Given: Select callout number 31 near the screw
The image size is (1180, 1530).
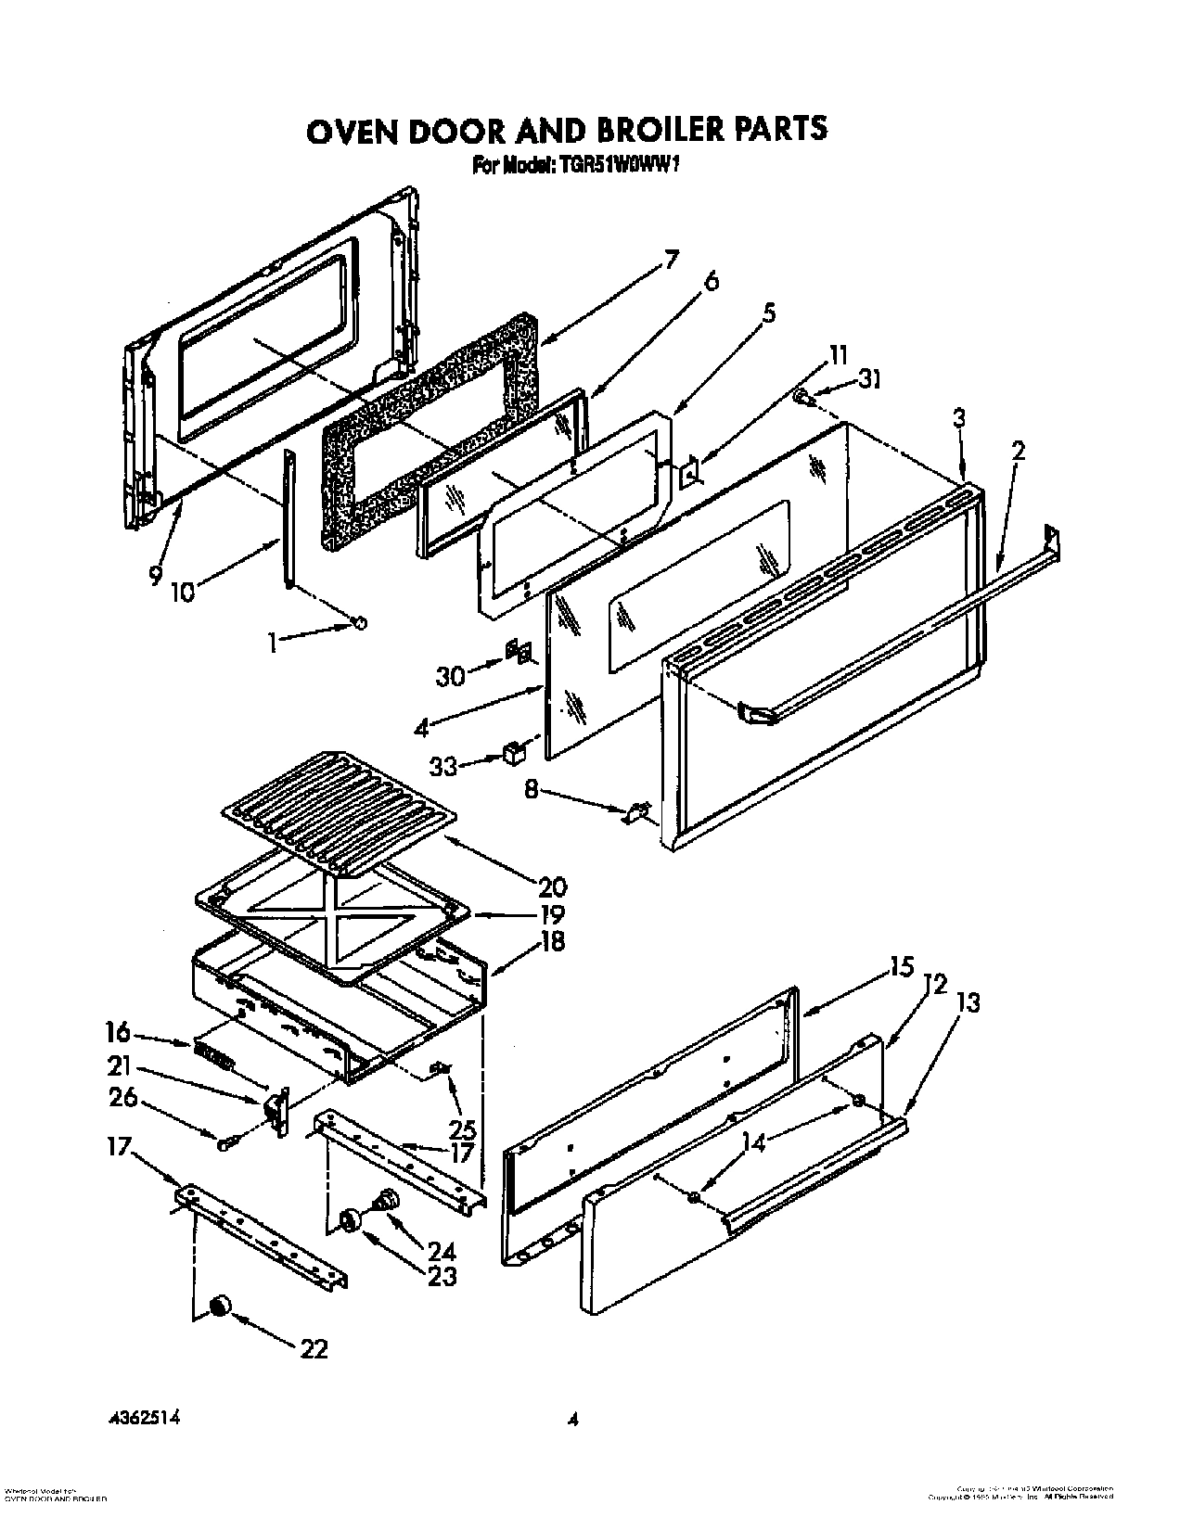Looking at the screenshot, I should tap(869, 379).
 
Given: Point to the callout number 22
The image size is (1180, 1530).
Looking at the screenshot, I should tap(314, 1348).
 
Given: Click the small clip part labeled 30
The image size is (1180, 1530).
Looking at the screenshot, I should tap(519, 653).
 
